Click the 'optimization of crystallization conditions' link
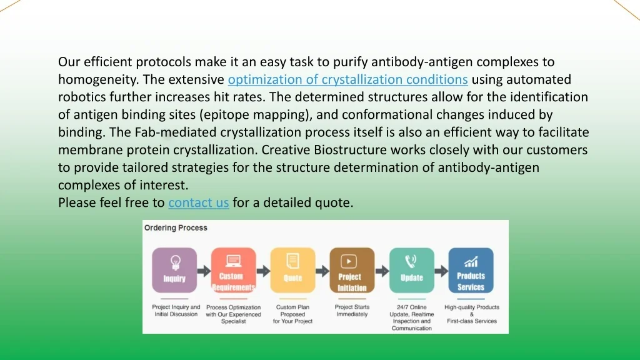pyautogui.click(x=347, y=79)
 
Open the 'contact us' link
pyautogui.click(x=199, y=202)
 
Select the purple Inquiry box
pyautogui.click(x=174, y=270)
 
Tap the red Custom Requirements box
pyautogui.click(x=234, y=270)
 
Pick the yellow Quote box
pyautogui.click(x=292, y=270)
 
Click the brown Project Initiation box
pyautogui.click(x=352, y=270)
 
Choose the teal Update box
pyautogui.click(x=411, y=270)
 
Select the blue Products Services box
pyautogui.click(x=471, y=270)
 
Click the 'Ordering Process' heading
pyautogui.click(x=176, y=227)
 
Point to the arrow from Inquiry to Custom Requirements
pyautogui.click(x=204, y=271)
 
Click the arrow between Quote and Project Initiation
pyautogui.click(x=322, y=271)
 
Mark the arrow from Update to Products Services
pyautogui.click(x=441, y=271)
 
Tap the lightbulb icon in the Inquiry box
pyautogui.click(x=176, y=262)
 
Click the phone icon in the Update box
pyautogui.click(x=411, y=261)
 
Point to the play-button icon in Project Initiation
pyautogui.click(x=349, y=261)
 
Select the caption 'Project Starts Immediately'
pyautogui.click(x=352, y=311)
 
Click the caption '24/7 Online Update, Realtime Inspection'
pyautogui.click(x=411, y=317)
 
